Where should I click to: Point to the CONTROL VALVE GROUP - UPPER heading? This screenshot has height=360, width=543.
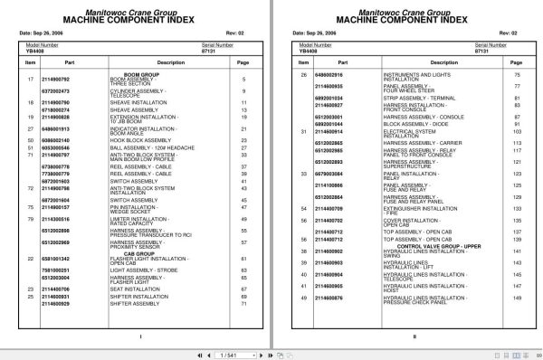395,245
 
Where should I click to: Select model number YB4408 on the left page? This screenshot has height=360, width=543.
34,54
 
